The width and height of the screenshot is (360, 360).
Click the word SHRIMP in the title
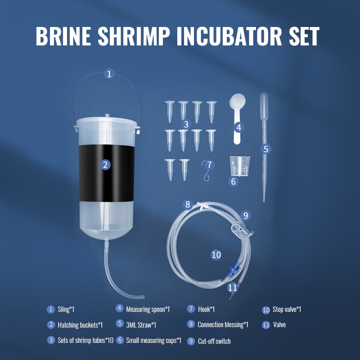(x=134, y=36)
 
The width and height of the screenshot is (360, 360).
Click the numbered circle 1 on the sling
(x=109, y=74)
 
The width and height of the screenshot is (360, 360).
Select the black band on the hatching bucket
(x=107, y=173)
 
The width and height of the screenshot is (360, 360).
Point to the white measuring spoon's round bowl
(x=238, y=101)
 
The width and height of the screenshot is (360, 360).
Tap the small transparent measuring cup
(x=240, y=166)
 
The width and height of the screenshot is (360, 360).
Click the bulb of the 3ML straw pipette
(x=264, y=106)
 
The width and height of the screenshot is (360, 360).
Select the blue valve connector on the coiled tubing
(x=234, y=269)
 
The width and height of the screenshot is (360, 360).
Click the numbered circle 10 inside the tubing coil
(x=216, y=255)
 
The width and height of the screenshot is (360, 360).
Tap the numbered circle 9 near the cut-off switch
(x=246, y=216)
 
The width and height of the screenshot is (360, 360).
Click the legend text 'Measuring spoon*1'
(x=148, y=309)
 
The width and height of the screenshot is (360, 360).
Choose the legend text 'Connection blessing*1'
(x=223, y=324)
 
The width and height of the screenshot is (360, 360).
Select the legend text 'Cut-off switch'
(x=214, y=341)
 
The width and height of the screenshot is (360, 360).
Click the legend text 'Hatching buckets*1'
(x=80, y=325)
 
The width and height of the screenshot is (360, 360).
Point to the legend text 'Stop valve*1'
(x=287, y=309)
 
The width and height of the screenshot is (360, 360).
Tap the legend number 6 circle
(x=120, y=340)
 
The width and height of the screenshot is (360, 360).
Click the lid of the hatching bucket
(x=107, y=121)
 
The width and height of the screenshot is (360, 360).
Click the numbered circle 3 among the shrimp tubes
(x=186, y=124)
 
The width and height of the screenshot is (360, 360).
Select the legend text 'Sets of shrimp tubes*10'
(x=85, y=340)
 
